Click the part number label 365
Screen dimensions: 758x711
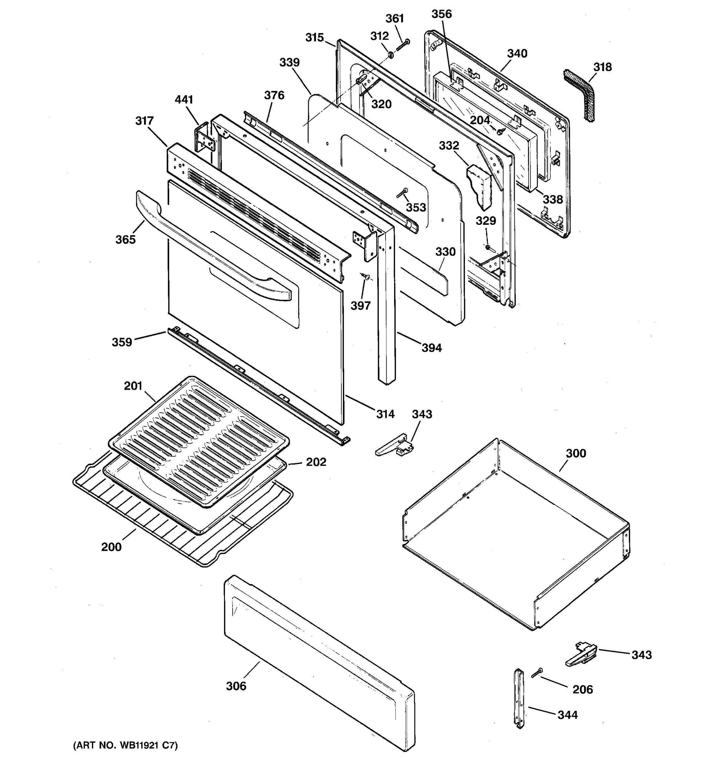coord(125,239)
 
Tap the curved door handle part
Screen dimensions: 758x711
coord(214,244)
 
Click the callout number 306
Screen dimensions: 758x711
coord(236,686)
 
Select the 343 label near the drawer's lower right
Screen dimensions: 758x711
coord(641,655)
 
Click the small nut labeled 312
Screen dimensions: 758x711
coord(391,56)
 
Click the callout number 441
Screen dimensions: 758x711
coord(184,100)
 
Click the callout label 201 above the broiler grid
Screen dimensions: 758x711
coord(133,386)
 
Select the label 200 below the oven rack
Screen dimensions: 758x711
coord(111,547)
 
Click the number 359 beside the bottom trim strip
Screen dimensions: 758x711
coord(122,342)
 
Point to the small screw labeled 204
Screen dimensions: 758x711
coord(500,131)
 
